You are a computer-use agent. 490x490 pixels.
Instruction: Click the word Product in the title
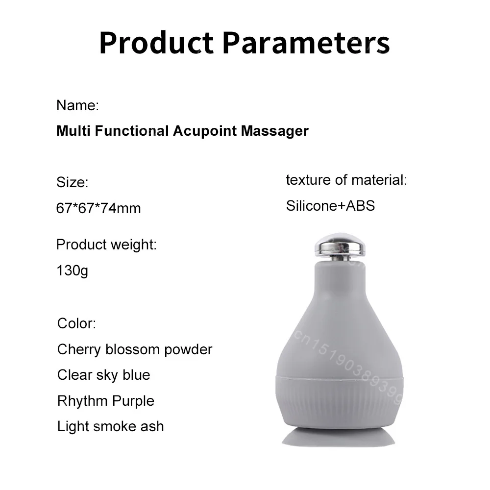[x=156, y=43]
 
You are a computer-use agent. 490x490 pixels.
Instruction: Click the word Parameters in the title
[x=306, y=43]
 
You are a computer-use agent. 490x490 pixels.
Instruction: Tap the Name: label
[x=77, y=105]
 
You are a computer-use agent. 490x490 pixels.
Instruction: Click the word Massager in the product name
[x=275, y=131]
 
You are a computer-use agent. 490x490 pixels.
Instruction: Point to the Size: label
[x=72, y=182]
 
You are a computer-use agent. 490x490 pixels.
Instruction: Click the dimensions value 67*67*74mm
[x=98, y=208]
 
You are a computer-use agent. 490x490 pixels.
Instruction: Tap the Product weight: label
[x=106, y=245]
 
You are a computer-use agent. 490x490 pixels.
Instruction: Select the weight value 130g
[x=72, y=270]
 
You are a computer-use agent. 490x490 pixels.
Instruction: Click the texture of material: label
[x=346, y=180]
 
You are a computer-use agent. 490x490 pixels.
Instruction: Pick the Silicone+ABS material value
[x=330, y=206]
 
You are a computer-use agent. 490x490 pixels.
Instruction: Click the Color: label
[x=76, y=323]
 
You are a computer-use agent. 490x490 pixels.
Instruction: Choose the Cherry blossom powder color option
[x=135, y=349]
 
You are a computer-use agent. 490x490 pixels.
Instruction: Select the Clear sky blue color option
[x=104, y=375]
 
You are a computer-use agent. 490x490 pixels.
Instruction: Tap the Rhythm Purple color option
[x=106, y=401]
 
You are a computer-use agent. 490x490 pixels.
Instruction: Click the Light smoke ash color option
[x=110, y=427]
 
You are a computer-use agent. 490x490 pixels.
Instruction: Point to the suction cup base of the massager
[x=339, y=437]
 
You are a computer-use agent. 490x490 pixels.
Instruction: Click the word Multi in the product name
[x=73, y=131]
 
